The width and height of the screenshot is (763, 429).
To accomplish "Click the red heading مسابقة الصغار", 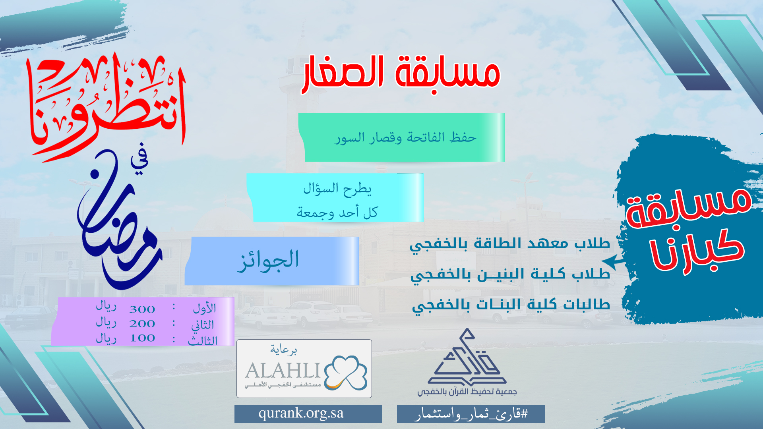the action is pos(401,74).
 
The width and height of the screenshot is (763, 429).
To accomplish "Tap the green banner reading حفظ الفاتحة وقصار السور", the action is pos(402,137).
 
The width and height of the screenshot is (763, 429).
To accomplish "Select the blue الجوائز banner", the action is pos(272,261).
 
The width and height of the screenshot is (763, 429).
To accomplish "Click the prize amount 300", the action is pos(142,309).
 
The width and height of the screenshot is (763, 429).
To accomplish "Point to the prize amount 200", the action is pos(142,324).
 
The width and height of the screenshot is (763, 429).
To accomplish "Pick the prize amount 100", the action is pos(142,338).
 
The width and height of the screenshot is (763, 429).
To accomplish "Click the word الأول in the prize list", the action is pos(204,308).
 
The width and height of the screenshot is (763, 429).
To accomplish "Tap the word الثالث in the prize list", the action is pos(203,340).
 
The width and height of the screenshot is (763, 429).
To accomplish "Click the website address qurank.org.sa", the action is pos(301,413).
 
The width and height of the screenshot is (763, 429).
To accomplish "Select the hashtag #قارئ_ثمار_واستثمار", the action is pos(471,414).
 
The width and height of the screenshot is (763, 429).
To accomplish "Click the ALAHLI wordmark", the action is pos(283,371).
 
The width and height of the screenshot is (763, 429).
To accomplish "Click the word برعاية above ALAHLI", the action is pos(284,350).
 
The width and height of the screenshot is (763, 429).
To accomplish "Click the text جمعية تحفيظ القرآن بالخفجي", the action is pos(467,392).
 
